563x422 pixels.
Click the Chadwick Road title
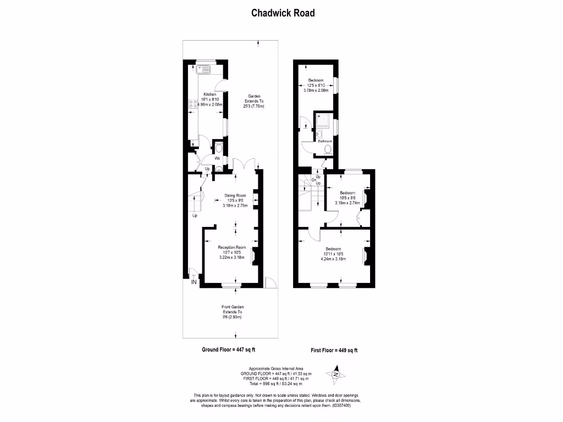(x=283, y=13)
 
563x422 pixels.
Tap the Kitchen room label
(x=210, y=94)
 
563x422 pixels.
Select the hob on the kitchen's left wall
(x=193, y=102)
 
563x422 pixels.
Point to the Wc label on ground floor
(x=218, y=158)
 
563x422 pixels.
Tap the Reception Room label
(x=231, y=247)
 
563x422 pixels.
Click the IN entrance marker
(x=194, y=282)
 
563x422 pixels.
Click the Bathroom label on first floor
(x=325, y=141)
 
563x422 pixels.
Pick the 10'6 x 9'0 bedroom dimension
(x=347, y=198)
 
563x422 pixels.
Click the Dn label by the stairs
(x=313, y=180)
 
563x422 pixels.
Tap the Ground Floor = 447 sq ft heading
(x=229, y=349)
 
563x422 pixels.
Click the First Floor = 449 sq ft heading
(x=334, y=350)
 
